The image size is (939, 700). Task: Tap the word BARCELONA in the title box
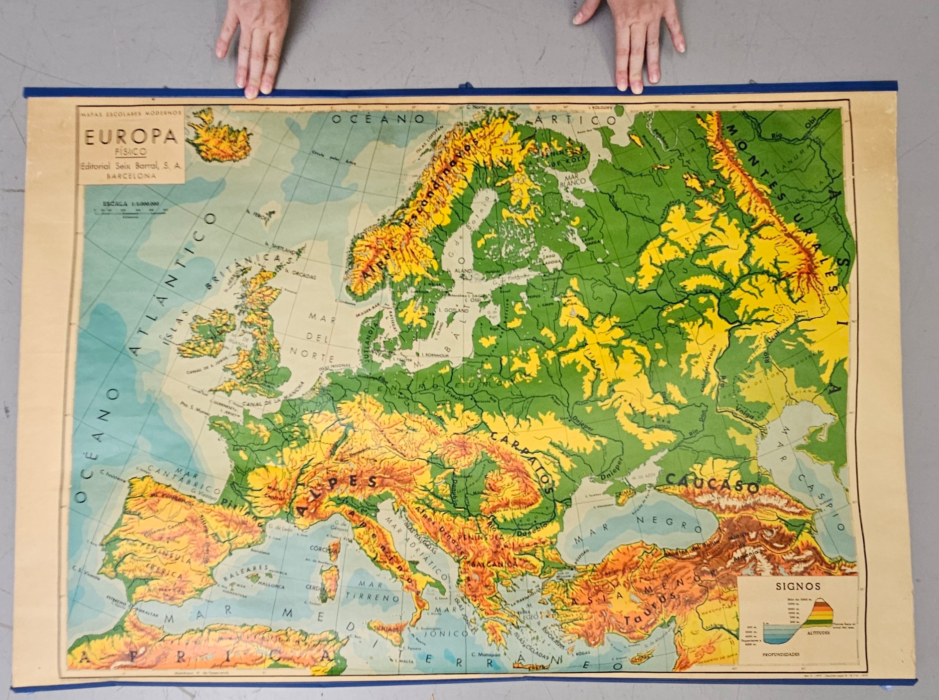131,177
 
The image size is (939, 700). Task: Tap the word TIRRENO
374,598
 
